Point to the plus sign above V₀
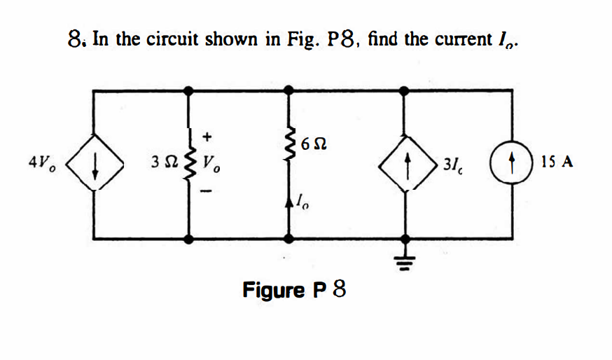(x=207, y=135)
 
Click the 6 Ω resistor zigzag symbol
(x=286, y=144)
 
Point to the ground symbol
(x=405, y=263)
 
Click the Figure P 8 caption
(x=294, y=289)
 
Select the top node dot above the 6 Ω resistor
(x=286, y=90)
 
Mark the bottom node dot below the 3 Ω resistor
(x=188, y=239)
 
